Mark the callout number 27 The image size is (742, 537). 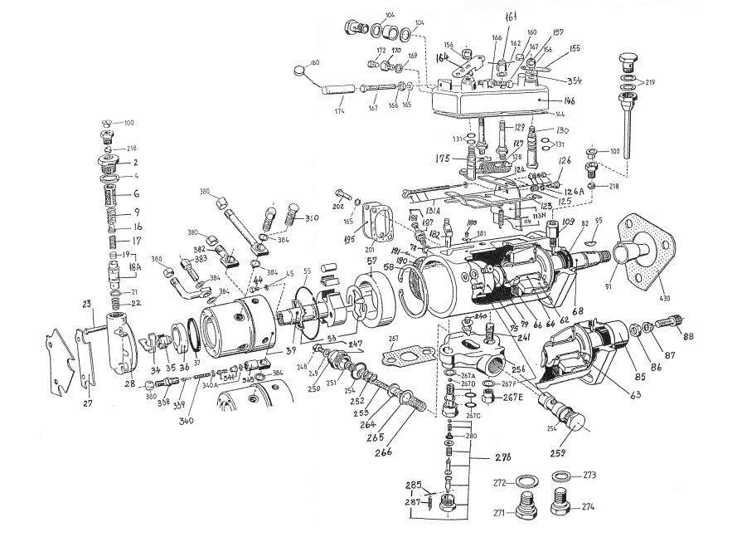[x=87, y=404]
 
